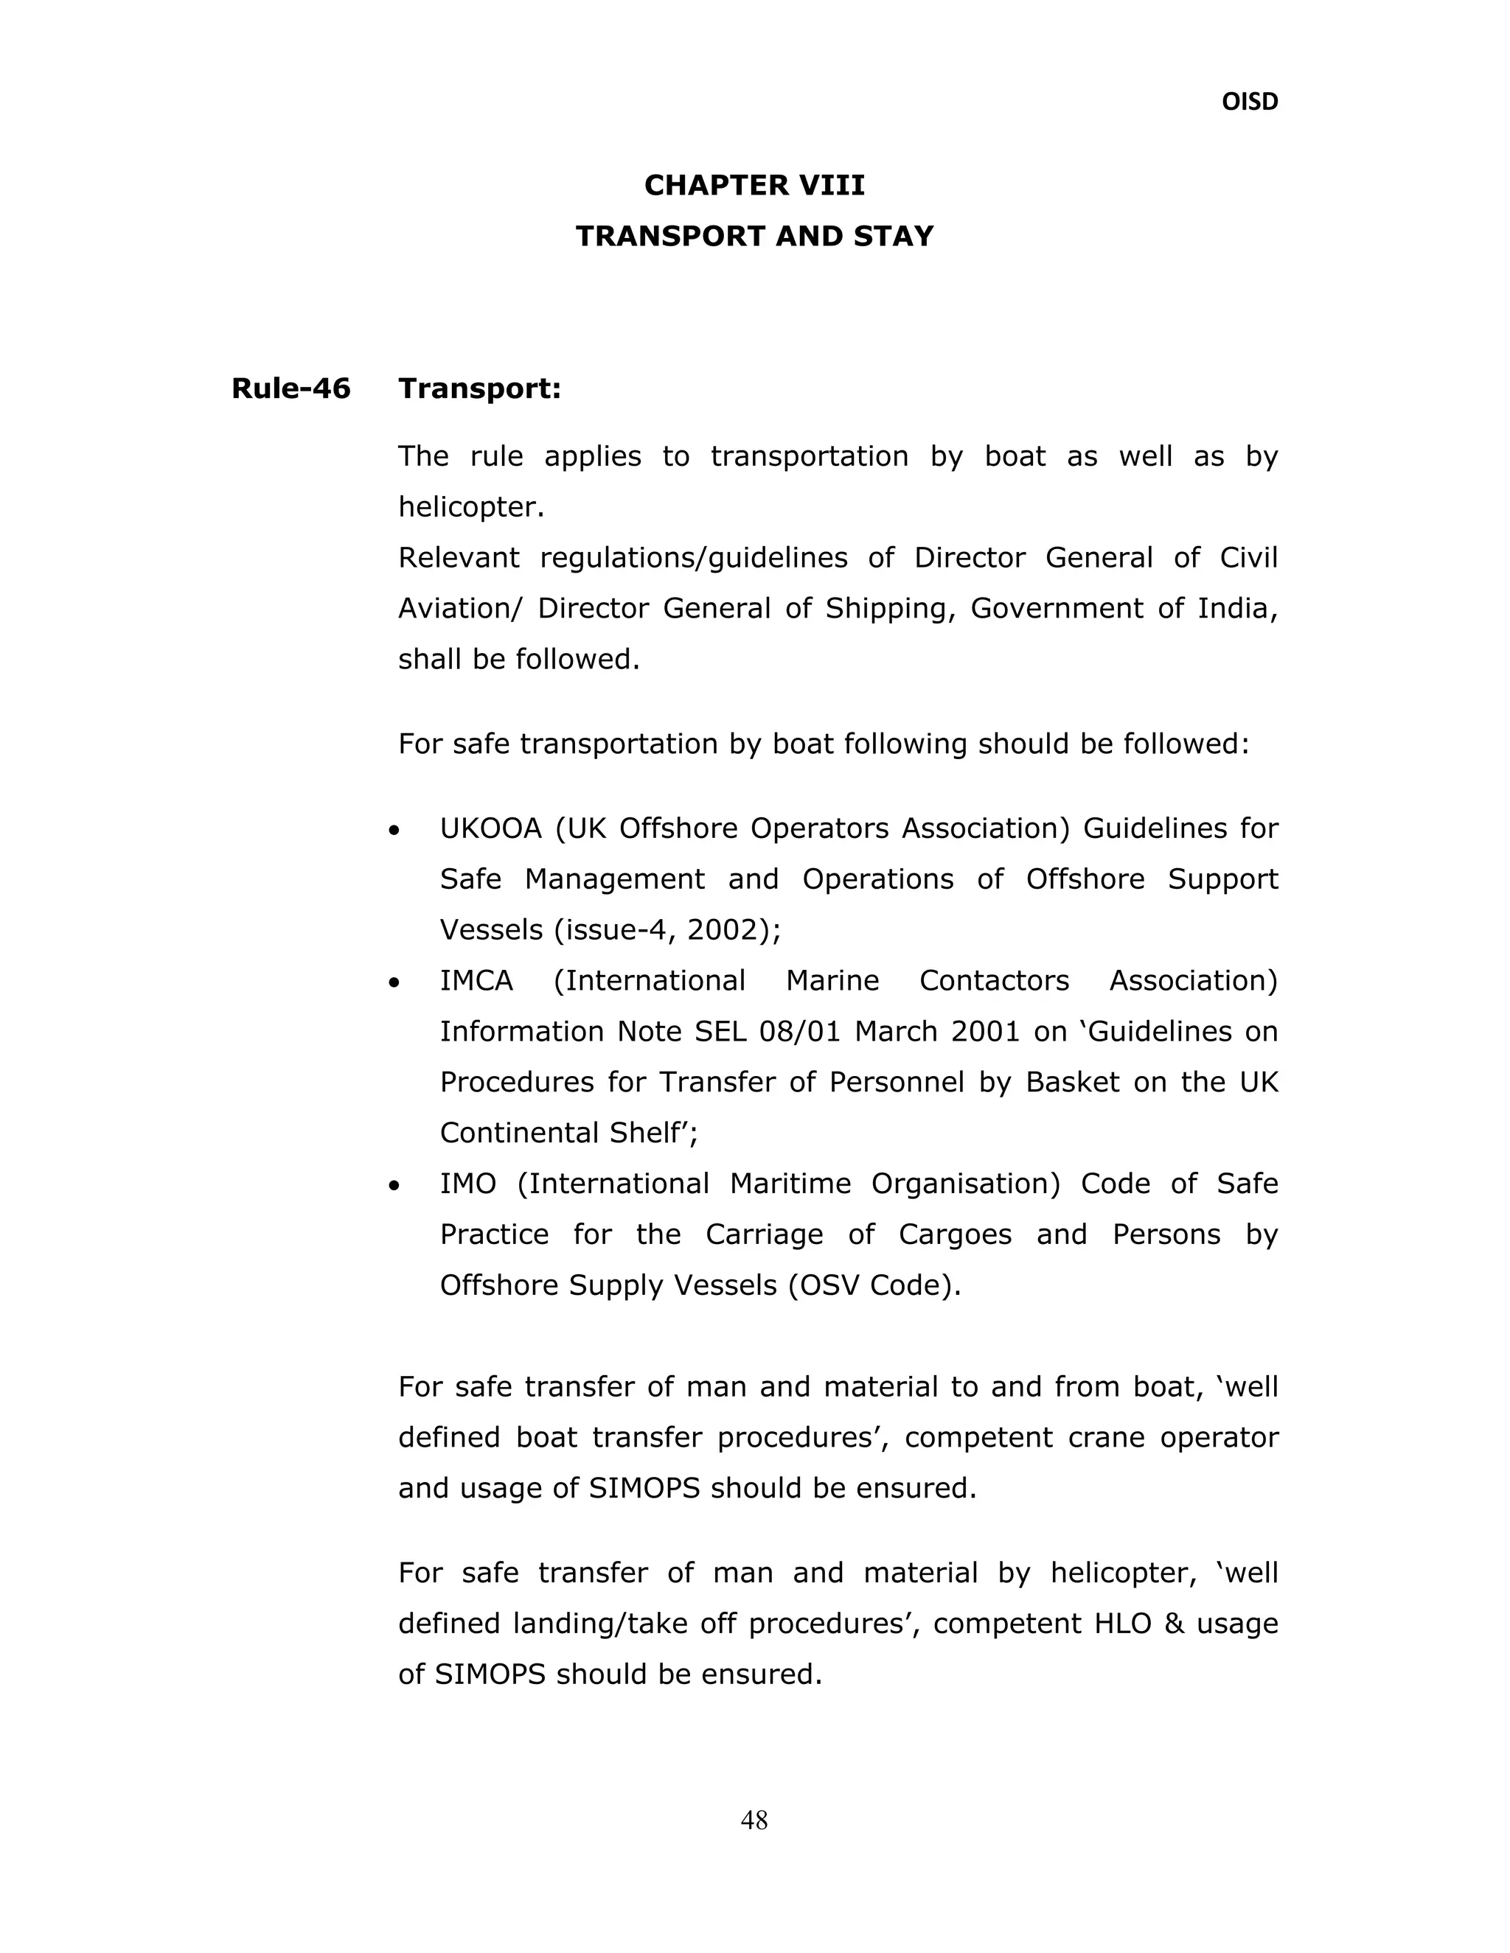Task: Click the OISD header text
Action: point(1249,102)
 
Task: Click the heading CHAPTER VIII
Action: point(754,185)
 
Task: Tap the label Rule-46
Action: point(290,389)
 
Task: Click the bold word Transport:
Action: point(479,389)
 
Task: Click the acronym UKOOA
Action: point(490,829)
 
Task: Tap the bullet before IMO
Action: point(394,1187)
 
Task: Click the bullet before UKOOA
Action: point(394,831)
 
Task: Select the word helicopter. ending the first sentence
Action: point(471,508)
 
